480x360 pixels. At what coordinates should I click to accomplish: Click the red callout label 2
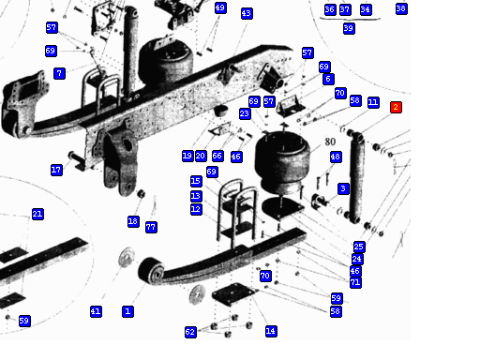click(396, 107)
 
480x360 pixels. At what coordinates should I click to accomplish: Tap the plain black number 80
click(330, 142)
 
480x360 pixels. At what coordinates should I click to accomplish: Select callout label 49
click(220, 7)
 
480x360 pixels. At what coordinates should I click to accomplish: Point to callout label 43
click(247, 13)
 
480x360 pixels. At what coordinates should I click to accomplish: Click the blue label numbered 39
click(349, 28)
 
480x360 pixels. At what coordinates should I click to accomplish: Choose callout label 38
click(401, 8)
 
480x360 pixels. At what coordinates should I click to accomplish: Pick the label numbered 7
click(59, 74)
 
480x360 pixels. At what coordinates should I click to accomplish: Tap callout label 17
click(56, 170)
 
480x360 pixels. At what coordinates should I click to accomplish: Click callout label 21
click(37, 215)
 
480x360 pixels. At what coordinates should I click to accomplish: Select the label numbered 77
click(151, 227)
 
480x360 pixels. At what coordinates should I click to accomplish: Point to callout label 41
click(96, 311)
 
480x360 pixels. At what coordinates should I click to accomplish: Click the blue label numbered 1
click(127, 311)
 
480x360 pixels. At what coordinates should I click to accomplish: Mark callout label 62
click(190, 332)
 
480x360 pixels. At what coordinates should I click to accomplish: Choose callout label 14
click(271, 331)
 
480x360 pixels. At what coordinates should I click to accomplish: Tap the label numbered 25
click(359, 247)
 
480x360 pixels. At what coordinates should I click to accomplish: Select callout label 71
click(355, 283)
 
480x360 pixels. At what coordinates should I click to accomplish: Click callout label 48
click(336, 157)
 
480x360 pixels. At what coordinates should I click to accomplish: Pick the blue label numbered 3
click(343, 188)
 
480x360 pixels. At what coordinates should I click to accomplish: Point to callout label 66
click(217, 156)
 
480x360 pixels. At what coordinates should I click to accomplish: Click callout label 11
click(373, 102)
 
